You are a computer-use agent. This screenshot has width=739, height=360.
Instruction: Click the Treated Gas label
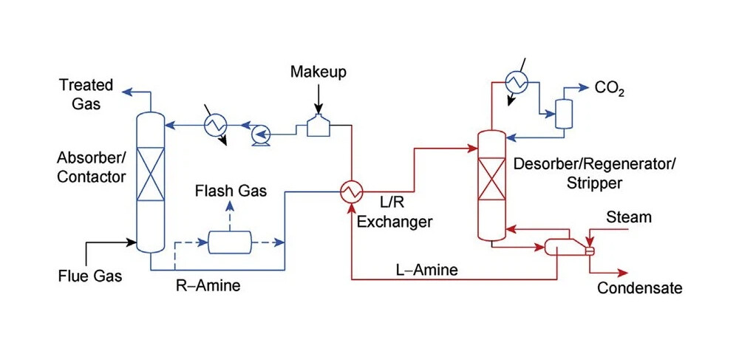(86, 95)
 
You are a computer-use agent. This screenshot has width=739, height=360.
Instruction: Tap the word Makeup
(318, 72)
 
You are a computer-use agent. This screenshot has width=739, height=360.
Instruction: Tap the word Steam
(629, 217)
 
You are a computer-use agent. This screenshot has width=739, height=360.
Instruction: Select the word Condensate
(640, 288)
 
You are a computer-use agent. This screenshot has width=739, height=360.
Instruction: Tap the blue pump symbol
(260, 134)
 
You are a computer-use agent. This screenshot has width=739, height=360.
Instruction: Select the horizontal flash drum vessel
(230, 242)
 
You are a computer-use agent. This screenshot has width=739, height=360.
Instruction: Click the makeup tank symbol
(319, 126)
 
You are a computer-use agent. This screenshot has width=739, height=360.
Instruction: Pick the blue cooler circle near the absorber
(215, 126)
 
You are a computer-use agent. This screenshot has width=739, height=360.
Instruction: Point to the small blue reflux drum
(565, 114)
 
